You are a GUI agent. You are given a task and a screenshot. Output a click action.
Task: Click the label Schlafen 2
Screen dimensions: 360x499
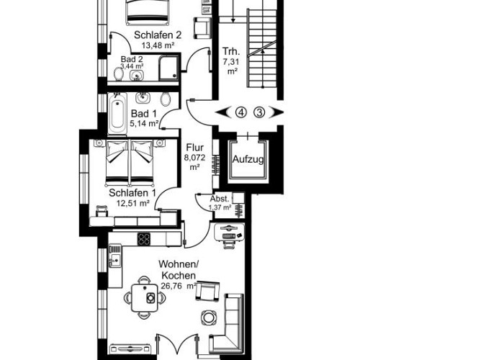(x=157, y=34)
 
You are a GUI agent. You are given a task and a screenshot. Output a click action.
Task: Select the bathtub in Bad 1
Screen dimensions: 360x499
(x=117, y=114)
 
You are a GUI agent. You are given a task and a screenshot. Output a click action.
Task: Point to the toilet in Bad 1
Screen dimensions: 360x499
(x=166, y=99)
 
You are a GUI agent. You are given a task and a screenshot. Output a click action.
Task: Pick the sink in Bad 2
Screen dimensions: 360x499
(x=139, y=72)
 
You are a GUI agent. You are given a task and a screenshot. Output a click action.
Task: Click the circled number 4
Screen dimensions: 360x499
(x=240, y=112)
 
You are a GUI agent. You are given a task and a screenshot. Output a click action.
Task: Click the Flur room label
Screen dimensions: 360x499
(x=194, y=148)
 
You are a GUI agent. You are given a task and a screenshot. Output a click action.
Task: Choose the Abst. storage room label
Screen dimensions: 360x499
(x=219, y=199)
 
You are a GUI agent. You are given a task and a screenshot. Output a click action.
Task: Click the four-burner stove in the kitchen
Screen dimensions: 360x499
(x=144, y=238)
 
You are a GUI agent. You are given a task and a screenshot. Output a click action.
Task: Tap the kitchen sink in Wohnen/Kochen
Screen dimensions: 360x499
(x=115, y=253)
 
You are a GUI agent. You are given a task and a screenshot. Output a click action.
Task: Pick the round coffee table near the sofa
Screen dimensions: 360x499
(x=209, y=317)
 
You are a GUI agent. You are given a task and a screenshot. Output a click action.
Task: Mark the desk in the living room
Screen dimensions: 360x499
(x=230, y=233)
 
